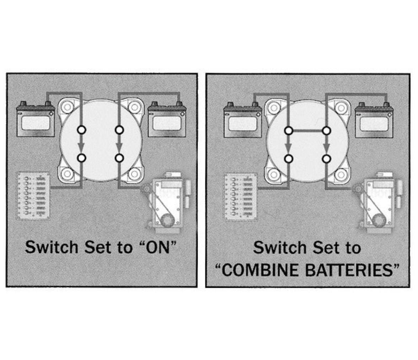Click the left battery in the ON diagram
(36, 119)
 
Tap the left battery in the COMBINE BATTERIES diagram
(242, 120)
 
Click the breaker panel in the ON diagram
(33, 196)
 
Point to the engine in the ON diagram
(167, 200)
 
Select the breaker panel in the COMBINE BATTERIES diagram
(240, 197)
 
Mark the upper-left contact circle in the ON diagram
(82, 130)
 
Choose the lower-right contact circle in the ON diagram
(119, 158)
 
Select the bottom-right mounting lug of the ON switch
(134, 174)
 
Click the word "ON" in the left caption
(159, 247)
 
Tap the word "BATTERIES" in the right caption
(349, 270)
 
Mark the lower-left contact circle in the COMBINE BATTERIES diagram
(289, 159)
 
